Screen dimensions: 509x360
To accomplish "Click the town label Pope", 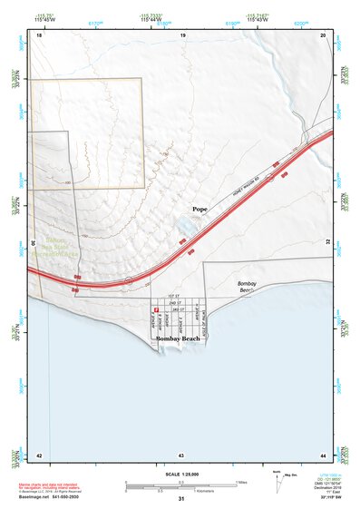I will click(x=199, y=210).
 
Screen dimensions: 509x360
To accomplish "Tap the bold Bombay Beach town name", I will click(x=178, y=338).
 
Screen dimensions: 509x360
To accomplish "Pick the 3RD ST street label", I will click(x=179, y=309).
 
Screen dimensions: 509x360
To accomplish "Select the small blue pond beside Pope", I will click(x=181, y=225).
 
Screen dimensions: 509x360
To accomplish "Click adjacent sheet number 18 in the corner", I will click(x=39, y=34).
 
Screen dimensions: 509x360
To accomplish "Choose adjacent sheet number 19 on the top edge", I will click(x=183, y=34).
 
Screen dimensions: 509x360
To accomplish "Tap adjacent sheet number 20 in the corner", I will click(x=324, y=34).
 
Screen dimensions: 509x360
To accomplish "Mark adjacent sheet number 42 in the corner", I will click(x=39, y=454).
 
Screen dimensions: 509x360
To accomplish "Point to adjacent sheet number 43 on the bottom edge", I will click(x=181, y=454).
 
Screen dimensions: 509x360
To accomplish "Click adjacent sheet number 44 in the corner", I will click(x=324, y=454).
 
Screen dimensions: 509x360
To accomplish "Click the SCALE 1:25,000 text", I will click(x=181, y=475).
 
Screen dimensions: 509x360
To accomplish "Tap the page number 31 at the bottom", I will click(x=181, y=500).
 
